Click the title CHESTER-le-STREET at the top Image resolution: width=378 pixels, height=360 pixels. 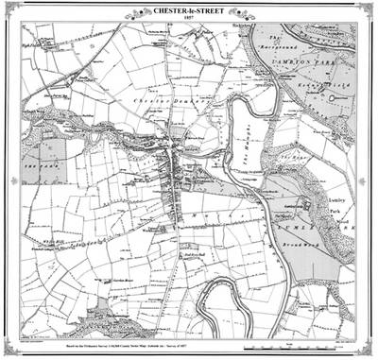[x=189, y=8]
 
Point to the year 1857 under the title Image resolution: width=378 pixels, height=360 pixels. [x=189, y=16]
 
